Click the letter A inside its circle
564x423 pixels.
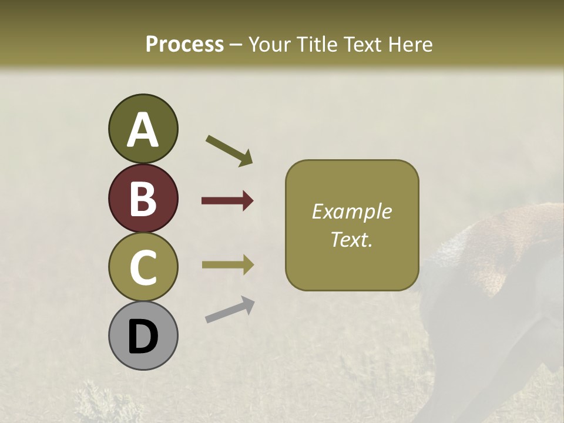143,130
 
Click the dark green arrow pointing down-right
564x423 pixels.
229,150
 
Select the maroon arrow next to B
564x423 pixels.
227,201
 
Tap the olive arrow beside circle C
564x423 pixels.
227,265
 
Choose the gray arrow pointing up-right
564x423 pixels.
230,310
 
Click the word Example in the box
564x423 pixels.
351,212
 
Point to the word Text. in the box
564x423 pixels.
351,239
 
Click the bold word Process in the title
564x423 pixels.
184,44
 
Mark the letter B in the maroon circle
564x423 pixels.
143,199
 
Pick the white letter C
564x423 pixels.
143,267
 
